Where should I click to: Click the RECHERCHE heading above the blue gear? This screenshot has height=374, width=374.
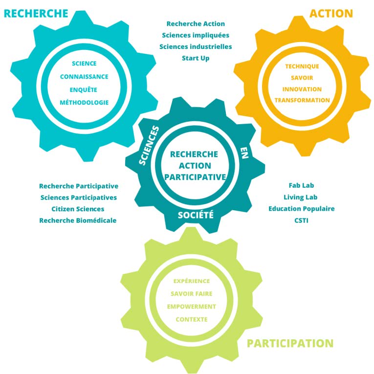point(36,13)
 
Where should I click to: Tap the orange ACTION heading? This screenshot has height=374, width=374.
point(331,13)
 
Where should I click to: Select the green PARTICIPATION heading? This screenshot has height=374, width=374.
point(290,343)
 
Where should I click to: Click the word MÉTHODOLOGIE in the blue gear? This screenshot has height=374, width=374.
point(84,102)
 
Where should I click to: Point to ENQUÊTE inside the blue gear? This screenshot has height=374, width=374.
point(84,89)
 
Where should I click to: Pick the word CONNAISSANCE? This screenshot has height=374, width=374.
point(84,77)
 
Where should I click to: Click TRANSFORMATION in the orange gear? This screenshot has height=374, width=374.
point(302,100)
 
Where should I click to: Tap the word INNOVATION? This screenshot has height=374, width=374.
point(302,89)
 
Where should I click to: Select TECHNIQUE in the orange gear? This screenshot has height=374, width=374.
point(302,66)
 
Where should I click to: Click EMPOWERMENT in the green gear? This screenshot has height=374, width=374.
point(191,307)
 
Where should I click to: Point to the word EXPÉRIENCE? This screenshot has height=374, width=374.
point(191,281)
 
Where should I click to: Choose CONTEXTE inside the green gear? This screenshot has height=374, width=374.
point(191,319)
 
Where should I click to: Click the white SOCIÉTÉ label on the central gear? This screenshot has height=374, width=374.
point(196,215)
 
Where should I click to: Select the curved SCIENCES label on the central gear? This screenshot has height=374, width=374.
point(150,146)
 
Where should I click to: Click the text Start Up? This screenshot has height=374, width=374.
point(196,58)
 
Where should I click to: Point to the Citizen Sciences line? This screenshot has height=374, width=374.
point(78,209)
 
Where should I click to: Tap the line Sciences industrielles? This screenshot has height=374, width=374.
point(196,46)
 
